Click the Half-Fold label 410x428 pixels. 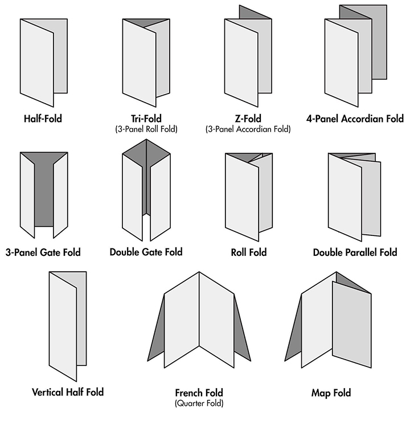(43, 119)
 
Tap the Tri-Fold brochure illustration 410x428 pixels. (146, 63)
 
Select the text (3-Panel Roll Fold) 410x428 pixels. (146, 129)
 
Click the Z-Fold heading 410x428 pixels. (248, 119)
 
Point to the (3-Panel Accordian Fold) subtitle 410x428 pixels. (248, 129)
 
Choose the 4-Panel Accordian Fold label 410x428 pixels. (355, 119)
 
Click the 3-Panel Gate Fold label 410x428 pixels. (43, 252)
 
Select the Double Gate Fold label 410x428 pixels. (146, 252)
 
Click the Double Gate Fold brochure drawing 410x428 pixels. (146, 190)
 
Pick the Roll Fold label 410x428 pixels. (249, 252)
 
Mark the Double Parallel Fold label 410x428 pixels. (355, 252)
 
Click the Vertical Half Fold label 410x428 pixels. (68, 392)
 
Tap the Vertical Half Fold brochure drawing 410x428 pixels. (68, 327)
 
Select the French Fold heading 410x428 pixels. (199, 393)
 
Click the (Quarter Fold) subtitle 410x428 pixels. (199, 403)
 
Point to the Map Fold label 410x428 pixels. (331, 393)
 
